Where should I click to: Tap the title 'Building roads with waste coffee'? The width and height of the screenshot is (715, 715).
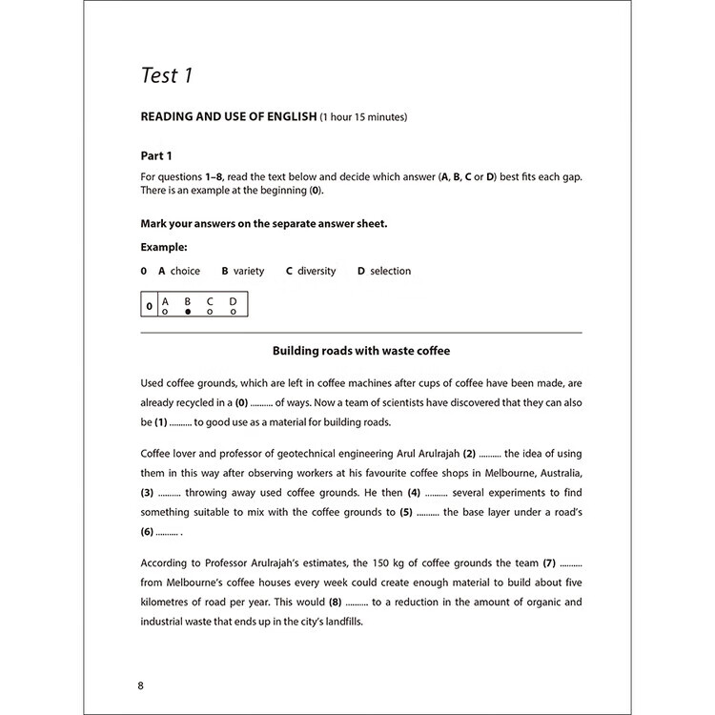click(x=361, y=351)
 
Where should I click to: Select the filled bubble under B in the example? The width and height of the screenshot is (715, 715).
click(x=188, y=312)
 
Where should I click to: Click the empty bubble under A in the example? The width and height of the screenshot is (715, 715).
click(x=165, y=312)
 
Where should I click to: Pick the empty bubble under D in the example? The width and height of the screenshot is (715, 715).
click(x=233, y=312)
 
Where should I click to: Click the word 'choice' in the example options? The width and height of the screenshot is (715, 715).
click(x=185, y=271)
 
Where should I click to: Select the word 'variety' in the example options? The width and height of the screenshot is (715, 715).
click(x=249, y=271)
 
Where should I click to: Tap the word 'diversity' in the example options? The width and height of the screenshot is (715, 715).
click(x=317, y=271)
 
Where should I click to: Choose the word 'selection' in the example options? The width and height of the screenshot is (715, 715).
click(x=390, y=271)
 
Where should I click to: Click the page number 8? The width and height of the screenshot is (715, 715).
click(x=142, y=685)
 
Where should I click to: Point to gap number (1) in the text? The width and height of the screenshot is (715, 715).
click(x=160, y=422)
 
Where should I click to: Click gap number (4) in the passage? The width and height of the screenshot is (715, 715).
click(x=414, y=493)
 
